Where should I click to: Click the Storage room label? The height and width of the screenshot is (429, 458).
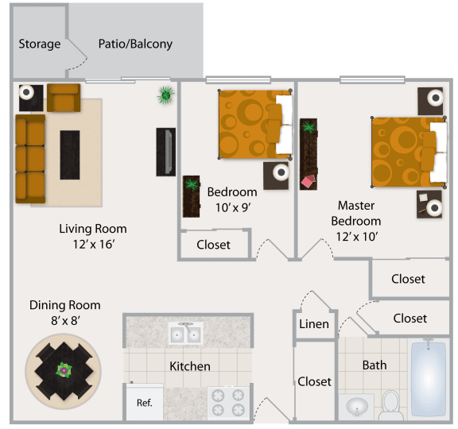pos(40,44)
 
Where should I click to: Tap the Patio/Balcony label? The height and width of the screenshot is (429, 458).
pos(135,44)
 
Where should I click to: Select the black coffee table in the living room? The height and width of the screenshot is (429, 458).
pos(70,155)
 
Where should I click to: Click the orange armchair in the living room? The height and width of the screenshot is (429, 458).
pos(64,98)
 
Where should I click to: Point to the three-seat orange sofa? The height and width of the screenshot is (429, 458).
pos(30,159)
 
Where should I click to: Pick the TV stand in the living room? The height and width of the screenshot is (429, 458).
pos(166,152)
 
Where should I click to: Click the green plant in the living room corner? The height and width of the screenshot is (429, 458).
pos(165,95)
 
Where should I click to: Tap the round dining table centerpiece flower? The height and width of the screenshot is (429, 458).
pos(64,370)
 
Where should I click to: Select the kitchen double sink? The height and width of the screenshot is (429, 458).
pos(186,333)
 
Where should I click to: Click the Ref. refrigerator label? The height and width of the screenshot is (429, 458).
pos(145,403)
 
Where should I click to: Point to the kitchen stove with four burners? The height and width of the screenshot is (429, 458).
pos(228,403)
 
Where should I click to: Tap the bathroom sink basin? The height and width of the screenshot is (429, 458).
pos(357,406)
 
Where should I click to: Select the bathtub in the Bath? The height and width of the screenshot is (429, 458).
pos(429,378)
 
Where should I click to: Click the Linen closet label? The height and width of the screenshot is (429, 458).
pos(314,324)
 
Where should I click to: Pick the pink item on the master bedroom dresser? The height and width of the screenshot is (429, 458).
pos(309,181)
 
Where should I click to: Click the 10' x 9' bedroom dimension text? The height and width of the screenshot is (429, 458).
pos(233,208)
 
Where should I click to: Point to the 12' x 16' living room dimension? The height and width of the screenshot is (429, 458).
pos(94,244)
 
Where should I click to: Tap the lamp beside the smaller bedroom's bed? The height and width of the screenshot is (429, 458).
pos(281,172)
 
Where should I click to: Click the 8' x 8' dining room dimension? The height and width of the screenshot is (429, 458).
pos(65,320)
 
